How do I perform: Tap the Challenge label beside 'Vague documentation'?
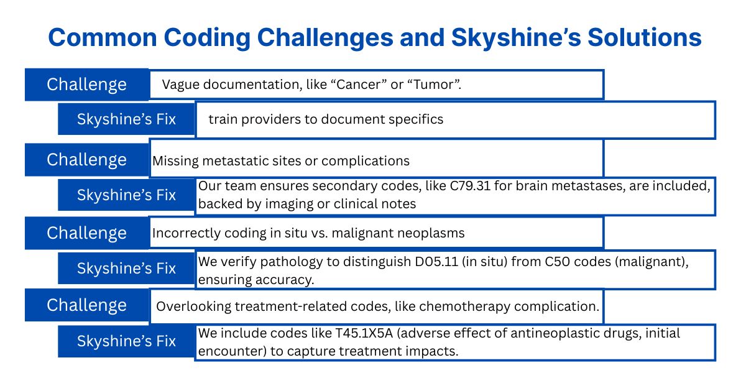pos(86,85)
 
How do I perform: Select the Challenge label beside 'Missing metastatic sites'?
pos(86,160)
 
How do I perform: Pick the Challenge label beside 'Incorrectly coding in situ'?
pos(86,233)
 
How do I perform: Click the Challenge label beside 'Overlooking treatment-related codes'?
pos(86,305)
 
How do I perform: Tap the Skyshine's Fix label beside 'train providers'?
pos(126,119)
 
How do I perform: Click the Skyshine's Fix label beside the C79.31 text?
pos(126,195)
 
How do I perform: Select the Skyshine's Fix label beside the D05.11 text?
pos(126,269)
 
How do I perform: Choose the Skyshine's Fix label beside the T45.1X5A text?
pos(126,341)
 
